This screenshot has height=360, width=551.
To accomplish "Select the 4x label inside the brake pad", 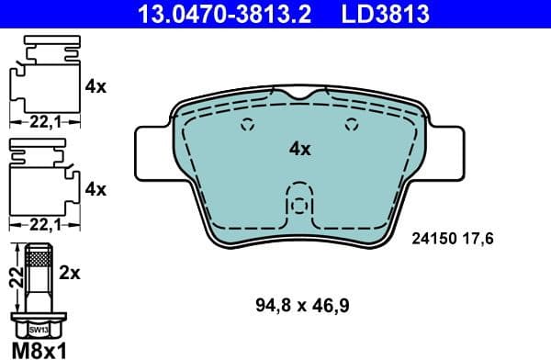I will [300, 147].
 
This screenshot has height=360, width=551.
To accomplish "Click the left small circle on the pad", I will [246, 127].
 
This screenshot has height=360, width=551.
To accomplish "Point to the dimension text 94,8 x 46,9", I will [301, 302].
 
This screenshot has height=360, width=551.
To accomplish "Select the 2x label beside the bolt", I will [71, 273].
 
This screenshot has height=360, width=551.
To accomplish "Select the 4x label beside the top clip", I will [95, 87].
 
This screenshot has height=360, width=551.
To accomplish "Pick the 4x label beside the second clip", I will [95, 189].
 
